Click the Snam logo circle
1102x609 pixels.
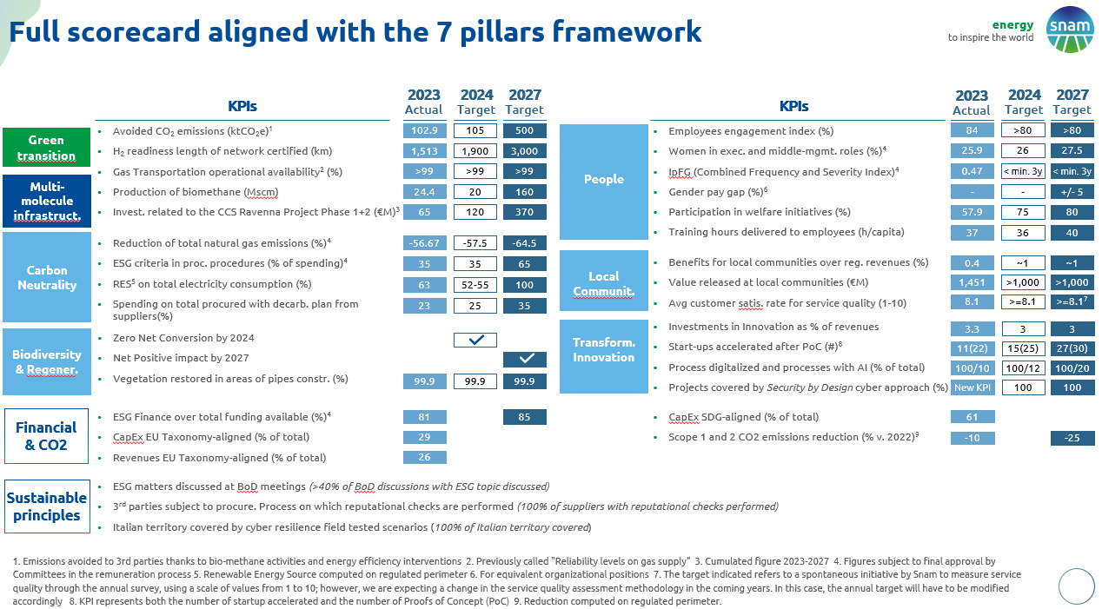(1070, 30)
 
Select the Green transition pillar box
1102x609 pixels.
(46, 148)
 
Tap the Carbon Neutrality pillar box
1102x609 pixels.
(46, 277)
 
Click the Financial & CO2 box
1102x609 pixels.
(46, 436)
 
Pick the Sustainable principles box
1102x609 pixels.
(47, 506)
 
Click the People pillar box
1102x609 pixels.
(604, 179)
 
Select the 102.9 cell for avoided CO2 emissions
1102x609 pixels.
(424, 130)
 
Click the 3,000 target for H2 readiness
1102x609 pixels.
(524, 151)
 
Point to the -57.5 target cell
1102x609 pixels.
(475, 243)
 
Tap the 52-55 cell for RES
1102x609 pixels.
(475, 284)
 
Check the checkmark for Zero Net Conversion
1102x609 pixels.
(475, 340)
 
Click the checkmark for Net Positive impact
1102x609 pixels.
(524, 359)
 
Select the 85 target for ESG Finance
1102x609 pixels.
(524, 417)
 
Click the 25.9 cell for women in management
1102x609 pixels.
(972, 151)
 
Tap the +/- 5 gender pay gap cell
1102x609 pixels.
(1072, 191)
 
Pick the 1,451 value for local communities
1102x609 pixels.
(972, 282)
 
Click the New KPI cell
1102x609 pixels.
(972, 387)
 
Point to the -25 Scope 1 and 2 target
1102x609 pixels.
(1072, 438)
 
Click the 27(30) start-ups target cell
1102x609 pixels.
(1072, 348)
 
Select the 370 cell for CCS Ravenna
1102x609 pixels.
(524, 212)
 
